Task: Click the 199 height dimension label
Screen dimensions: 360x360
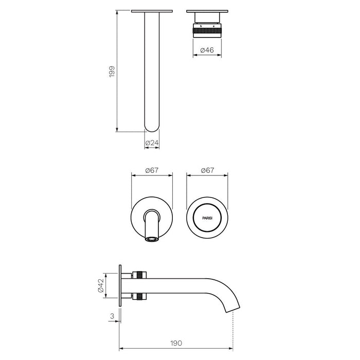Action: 112,71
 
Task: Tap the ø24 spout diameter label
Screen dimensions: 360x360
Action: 152,142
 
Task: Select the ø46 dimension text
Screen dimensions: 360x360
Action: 207,50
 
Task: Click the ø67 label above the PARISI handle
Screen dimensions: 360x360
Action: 207,170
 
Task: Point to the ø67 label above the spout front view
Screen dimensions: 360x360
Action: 152,170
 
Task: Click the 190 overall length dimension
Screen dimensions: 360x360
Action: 176,343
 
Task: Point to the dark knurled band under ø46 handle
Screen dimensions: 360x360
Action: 207,31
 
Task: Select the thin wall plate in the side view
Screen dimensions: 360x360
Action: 120,285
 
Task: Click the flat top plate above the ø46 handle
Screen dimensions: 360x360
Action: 207,11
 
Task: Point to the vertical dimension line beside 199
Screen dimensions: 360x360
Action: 117,71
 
